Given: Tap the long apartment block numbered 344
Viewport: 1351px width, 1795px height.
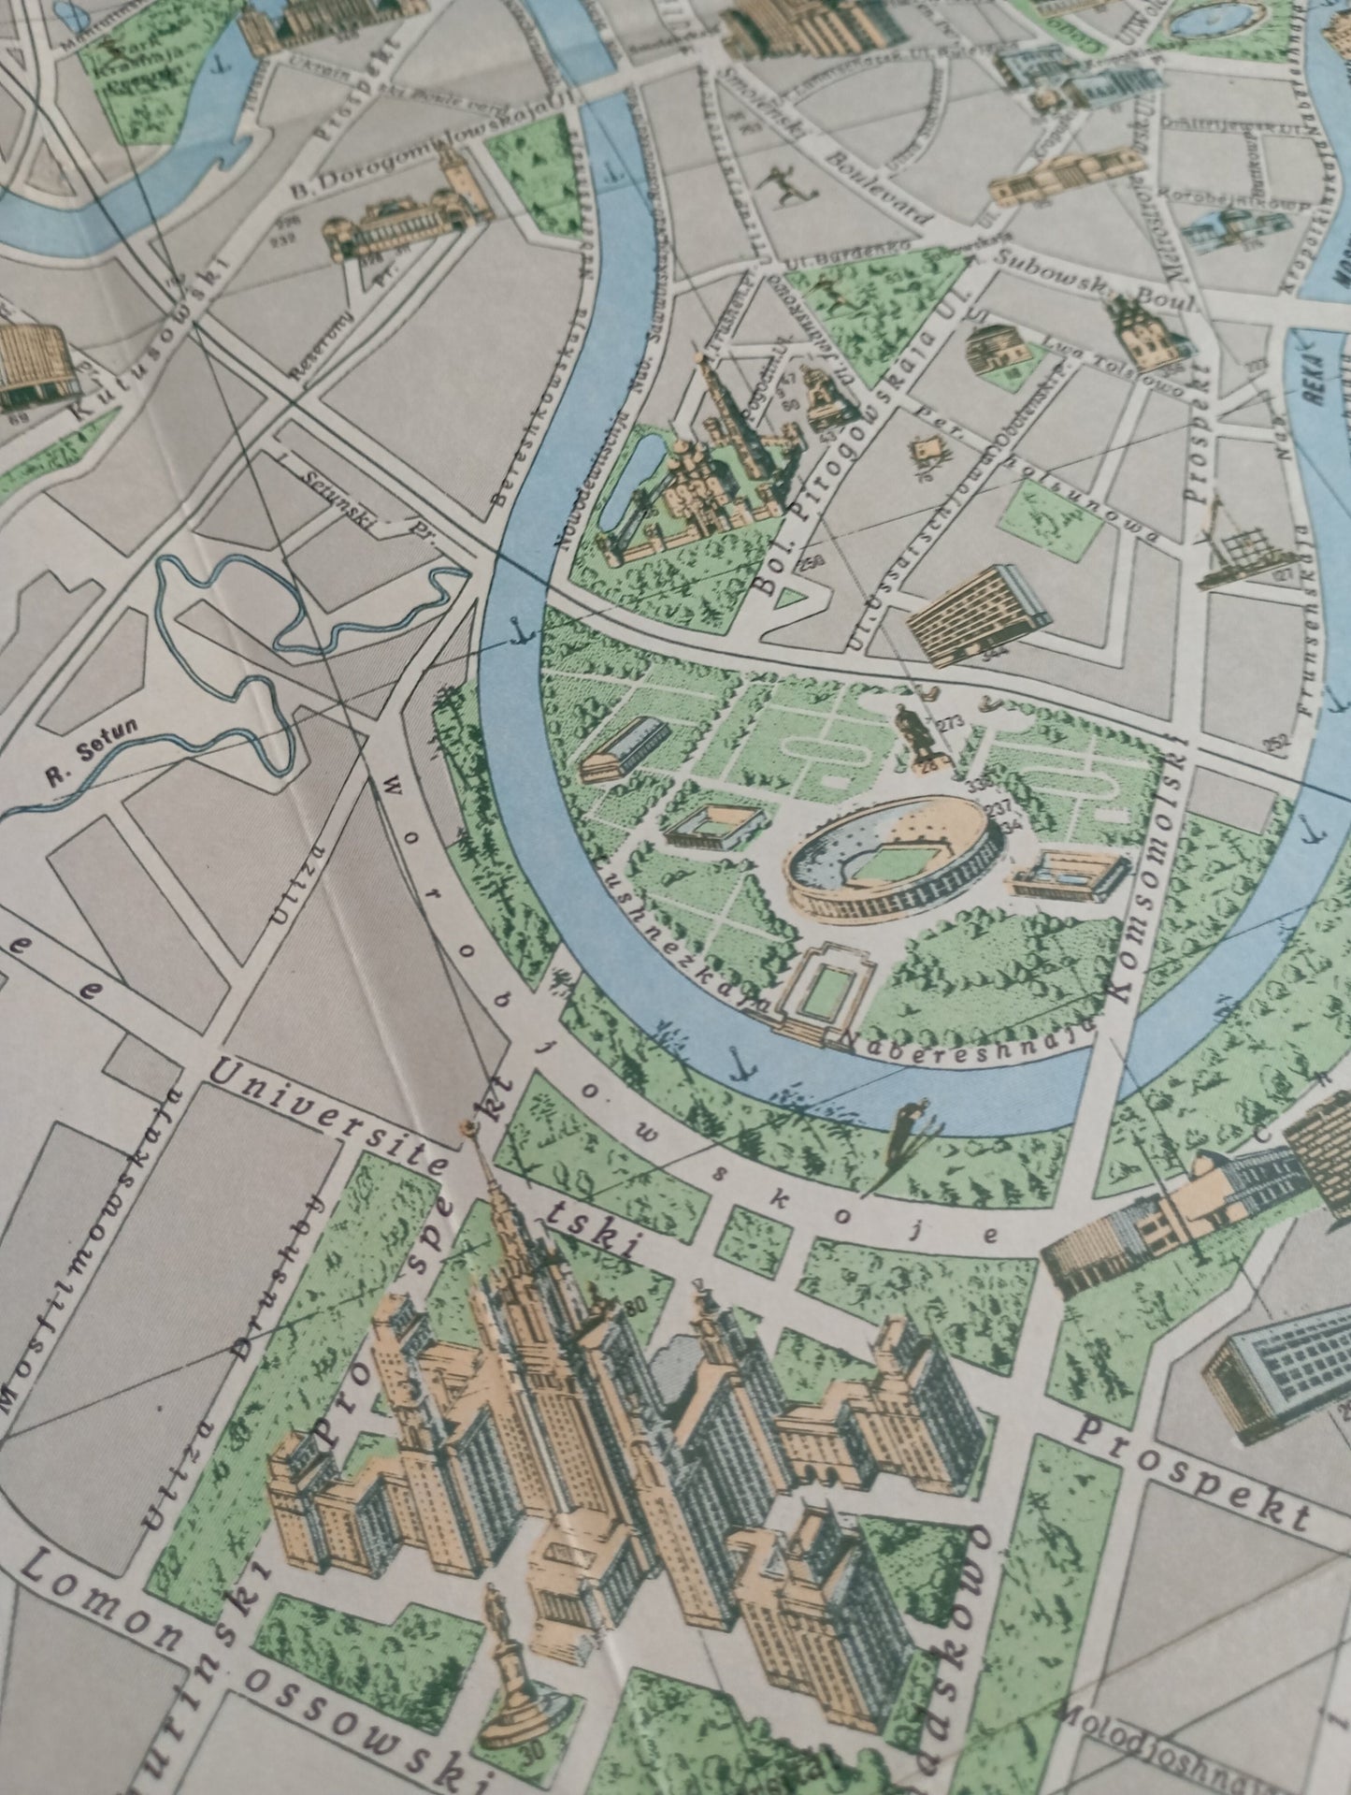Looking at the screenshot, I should (976, 612).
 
